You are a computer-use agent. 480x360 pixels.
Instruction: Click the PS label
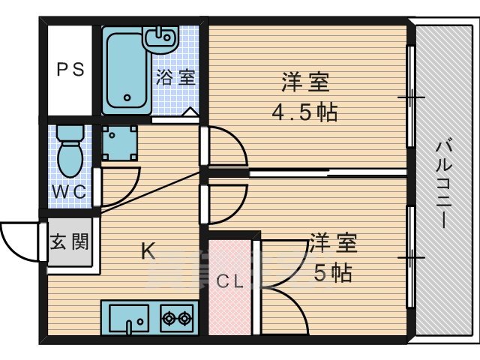(71, 70)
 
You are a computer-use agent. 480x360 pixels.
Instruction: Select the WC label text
(69, 191)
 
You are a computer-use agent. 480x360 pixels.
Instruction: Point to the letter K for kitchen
(149, 252)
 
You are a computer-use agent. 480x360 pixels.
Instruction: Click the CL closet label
(230, 282)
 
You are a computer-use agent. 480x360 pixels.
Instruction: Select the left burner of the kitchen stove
(167, 319)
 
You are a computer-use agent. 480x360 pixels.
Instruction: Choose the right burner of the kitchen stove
(184, 319)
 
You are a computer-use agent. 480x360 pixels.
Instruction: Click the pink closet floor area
(230, 307)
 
